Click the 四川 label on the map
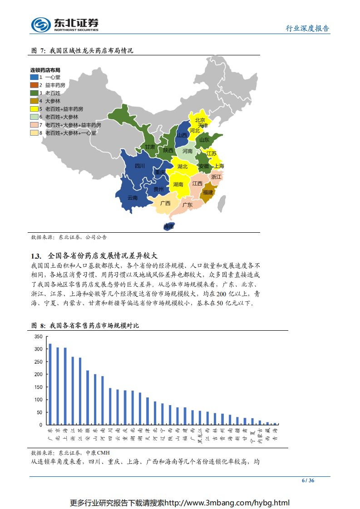pyautogui.click(x=140, y=166)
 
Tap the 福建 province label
pyautogui.click(x=208, y=192)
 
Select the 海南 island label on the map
pyautogui.click(x=169, y=226)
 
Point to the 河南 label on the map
pyautogui.click(x=187, y=151)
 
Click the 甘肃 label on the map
pyautogui.click(x=150, y=147)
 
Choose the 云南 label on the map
pyautogui.click(x=133, y=198)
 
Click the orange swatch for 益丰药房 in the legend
pyautogui.click(x=35, y=85)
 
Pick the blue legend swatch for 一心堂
pyautogui.click(x=35, y=77)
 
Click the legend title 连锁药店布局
pyautogui.click(x=45, y=70)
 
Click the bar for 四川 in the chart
pyautogui.click(x=110, y=406)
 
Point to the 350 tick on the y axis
pyautogui.click(x=38, y=337)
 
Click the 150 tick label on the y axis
pyautogui.click(x=38, y=387)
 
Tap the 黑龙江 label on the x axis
pyautogui.click(x=200, y=435)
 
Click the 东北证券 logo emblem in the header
pyautogui.click(x=40, y=24)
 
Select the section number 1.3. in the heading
pyautogui.click(x=36, y=255)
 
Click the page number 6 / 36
pyautogui.click(x=308, y=481)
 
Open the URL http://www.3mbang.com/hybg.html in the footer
pyautogui.click(x=227, y=503)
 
